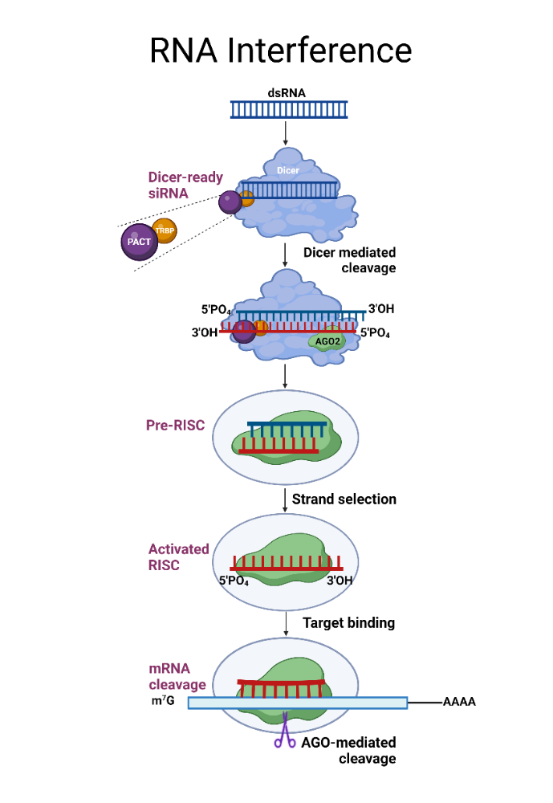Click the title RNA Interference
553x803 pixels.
click(x=280, y=50)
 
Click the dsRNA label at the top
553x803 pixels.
click(x=287, y=92)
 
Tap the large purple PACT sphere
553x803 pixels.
click(x=139, y=241)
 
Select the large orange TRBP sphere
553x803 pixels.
click(x=164, y=229)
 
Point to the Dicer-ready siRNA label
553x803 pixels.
click(x=185, y=185)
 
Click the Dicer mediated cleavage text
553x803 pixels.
click(x=349, y=260)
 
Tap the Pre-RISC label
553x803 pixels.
click(x=175, y=425)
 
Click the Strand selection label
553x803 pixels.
click(x=344, y=499)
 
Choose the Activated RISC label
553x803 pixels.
click(x=178, y=557)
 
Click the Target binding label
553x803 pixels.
click(x=348, y=622)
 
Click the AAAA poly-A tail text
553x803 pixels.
click(x=459, y=702)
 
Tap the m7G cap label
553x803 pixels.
click(x=163, y=703)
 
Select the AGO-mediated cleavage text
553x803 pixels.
click(x=348, y=751)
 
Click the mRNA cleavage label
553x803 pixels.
click(x=177, y=677)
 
